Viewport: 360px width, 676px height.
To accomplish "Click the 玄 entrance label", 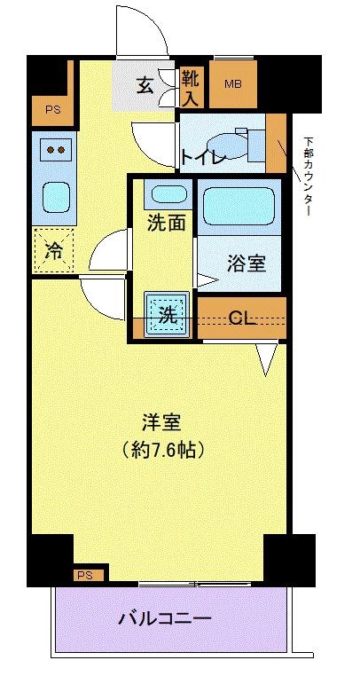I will [x=145, y=85].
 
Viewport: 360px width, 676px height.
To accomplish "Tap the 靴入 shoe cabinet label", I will [x=192, y=85].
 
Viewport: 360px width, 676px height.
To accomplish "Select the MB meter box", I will [x=232, y=85].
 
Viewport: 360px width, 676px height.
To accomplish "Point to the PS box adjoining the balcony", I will [x=85, y=575].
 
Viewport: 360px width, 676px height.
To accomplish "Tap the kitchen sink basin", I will [x=55, y=195].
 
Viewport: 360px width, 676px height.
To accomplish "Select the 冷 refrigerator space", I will [x=53, y=250].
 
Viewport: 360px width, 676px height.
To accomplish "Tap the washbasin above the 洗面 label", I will [x=166, y=194].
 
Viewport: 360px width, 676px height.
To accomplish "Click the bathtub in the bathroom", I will [x=239, y=207].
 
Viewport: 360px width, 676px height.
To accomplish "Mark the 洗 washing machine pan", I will [x=166, y=314].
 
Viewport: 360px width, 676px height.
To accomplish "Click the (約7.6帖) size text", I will [x=164, y=449].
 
